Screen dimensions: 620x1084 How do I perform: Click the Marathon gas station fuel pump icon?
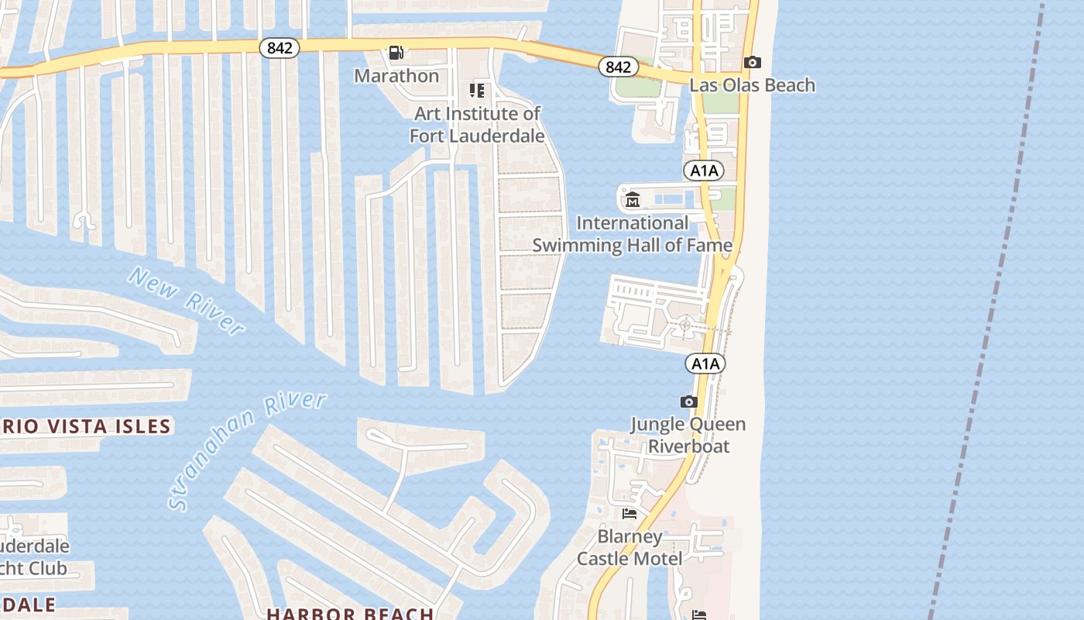point(396,53)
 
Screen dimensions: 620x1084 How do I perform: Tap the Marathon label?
point(396,76)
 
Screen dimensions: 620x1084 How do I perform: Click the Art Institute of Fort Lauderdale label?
point(477,125)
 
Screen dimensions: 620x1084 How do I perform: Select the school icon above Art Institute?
point(477,91)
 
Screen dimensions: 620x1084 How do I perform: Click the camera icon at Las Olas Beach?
point(752,62)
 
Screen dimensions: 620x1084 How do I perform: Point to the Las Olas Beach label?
point(752,85)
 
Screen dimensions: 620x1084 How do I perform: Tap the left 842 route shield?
point(280,48)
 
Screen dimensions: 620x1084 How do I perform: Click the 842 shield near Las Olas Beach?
point(618,67)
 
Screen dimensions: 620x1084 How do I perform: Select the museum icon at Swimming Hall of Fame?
point(633,200)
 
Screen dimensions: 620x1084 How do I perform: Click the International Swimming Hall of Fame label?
point(632,234)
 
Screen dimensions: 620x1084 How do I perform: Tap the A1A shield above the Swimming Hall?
point(704,170)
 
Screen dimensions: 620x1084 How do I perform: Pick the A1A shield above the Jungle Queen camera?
point(705,363)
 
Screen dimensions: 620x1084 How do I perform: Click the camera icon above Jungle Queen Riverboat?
point(688,401)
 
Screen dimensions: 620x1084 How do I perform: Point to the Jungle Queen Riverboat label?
point(688,435)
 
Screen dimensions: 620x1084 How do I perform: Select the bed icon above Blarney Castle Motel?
point(629,513)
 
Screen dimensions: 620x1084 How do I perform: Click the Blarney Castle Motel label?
point(629,547)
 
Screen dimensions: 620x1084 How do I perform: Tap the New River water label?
point(186,301)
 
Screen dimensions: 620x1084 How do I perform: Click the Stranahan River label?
point(246,449)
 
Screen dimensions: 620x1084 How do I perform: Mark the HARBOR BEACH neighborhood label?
point(350,613)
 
